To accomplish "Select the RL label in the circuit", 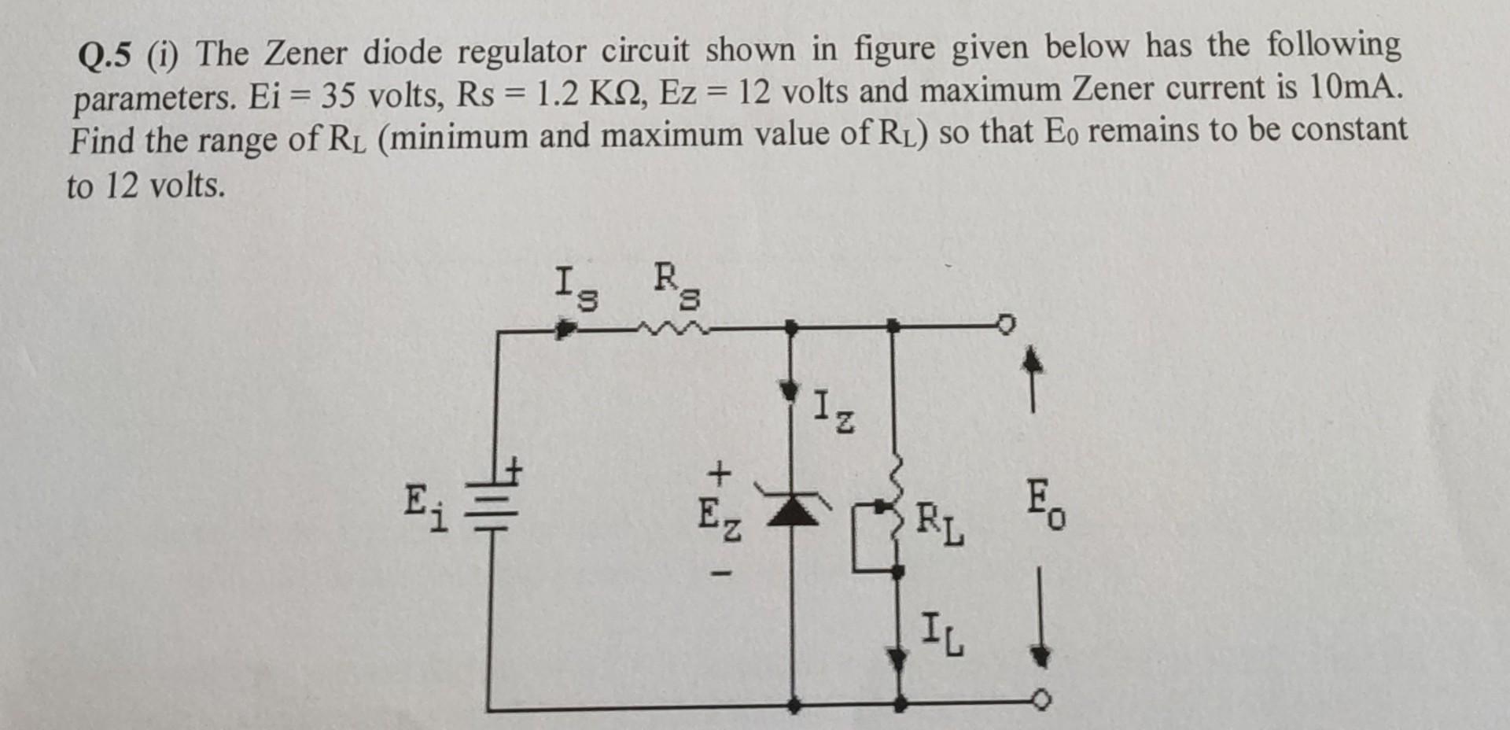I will (940, 525).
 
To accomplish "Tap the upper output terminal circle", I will (1007, 324).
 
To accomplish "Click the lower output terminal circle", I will (1043, 700).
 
